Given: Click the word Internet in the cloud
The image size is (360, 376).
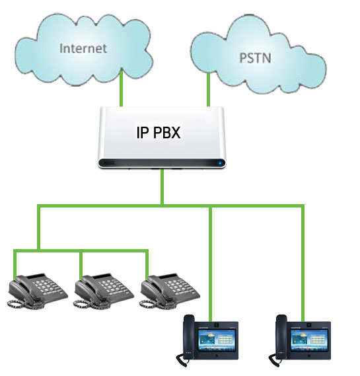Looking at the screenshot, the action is (83, 48).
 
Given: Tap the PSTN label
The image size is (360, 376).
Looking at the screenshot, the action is (256, 58).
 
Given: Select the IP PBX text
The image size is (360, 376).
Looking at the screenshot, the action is (159, 132).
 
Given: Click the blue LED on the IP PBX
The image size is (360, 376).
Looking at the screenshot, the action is (220, 163).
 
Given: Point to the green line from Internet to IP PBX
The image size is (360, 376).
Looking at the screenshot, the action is (122, 89).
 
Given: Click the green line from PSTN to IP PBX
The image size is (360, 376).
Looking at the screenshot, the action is (209, 90).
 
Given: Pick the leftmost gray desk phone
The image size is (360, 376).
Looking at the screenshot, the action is (38, 291).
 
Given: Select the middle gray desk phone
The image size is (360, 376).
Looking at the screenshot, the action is (104, 291).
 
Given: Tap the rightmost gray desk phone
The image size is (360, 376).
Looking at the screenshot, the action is (170, 291).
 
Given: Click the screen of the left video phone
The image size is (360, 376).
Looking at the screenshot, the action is (217, 340).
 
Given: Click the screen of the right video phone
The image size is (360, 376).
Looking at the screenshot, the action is (309, 340).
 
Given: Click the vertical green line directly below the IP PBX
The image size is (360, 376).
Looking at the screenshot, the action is (162, 186).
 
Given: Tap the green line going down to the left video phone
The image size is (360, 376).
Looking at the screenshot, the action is (211, 264).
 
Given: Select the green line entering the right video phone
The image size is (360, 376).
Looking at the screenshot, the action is (303, 263).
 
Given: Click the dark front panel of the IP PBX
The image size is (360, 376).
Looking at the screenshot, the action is (162, 163).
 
